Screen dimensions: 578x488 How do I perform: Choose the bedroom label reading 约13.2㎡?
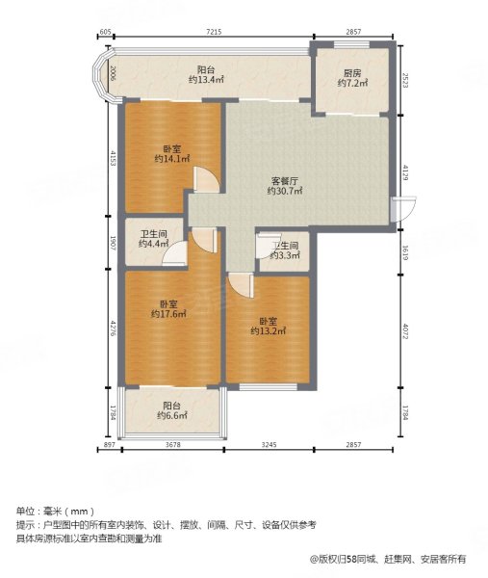268,327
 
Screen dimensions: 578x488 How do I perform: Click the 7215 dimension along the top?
214,33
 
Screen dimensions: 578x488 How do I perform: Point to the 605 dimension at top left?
105,33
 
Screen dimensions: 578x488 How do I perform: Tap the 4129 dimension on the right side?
406,173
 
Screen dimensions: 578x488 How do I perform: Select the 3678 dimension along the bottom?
174,445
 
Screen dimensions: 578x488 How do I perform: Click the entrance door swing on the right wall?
402,209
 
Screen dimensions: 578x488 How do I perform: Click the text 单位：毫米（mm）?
53,511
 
